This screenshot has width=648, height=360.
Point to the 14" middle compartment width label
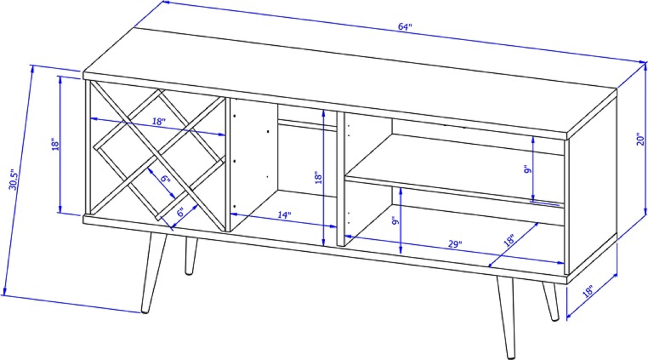(x=284, y=215)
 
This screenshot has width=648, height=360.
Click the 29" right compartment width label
(x=455, y=244)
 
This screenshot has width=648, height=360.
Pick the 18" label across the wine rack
(x=158, y=121)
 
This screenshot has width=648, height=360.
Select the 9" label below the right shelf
(x=395, y=220)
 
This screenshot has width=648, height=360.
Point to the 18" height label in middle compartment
(x=318, y=178)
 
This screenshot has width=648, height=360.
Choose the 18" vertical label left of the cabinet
(x=55, y=144)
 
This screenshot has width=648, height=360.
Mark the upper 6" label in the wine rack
(x=165, y=179)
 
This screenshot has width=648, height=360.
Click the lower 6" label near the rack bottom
(x=180, y=212)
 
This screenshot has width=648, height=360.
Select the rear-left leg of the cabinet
(x=191, y=256)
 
